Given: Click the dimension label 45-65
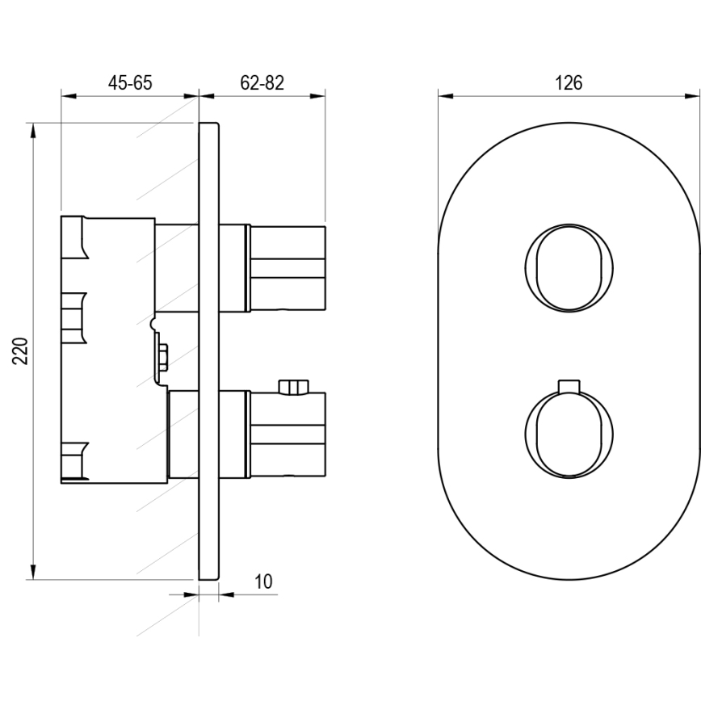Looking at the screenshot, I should (x=130, y=82).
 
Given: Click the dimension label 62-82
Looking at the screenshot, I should (x=262, y=82).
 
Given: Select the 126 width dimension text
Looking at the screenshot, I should (x=569, y=82).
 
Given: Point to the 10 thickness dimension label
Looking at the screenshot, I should (x=263, y=581).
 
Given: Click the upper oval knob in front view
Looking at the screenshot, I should (x=569, y=267).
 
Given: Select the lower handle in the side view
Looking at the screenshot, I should (x=288, y=433).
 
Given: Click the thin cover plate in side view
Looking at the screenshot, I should (x=208, y=350).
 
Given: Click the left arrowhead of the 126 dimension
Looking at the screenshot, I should (x=445, y=96).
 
